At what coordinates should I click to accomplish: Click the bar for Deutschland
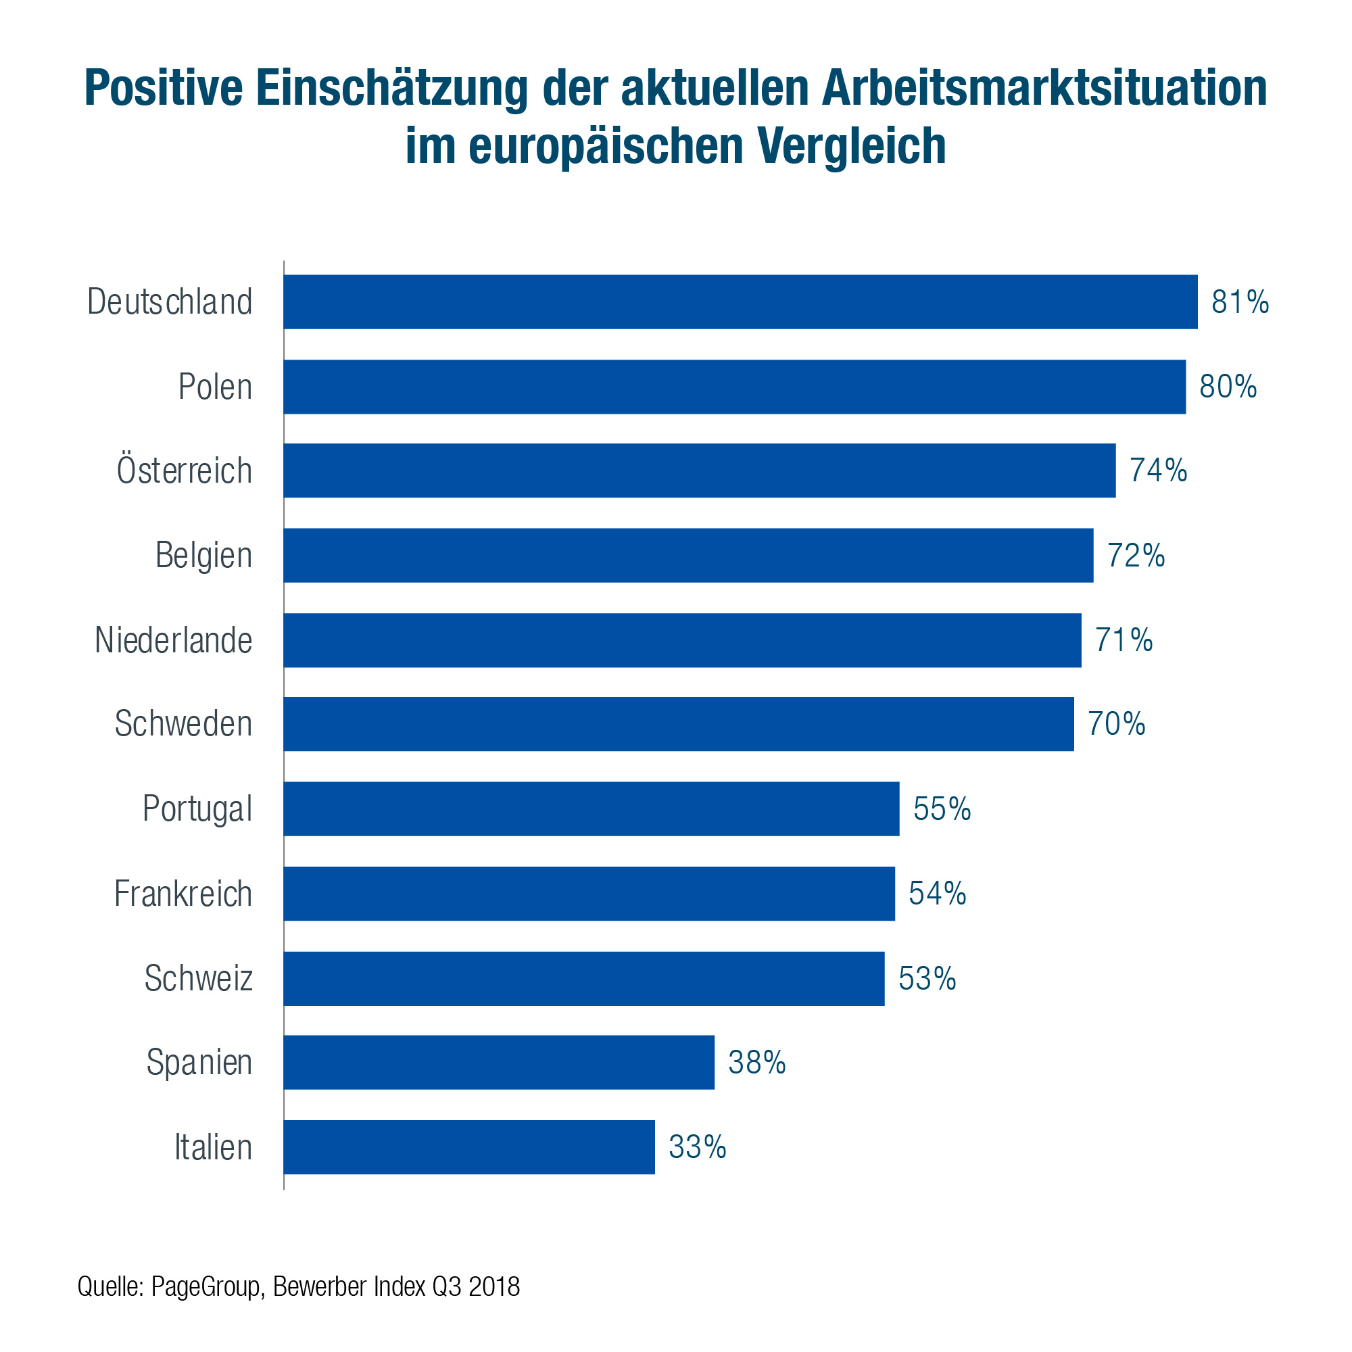coord(740,301)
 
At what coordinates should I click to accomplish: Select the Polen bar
coord(735,387)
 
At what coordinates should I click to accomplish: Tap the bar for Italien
coord(470,1147)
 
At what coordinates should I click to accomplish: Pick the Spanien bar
coord(499,1062)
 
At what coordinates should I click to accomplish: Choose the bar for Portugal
coord(591,809)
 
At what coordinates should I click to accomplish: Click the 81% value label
coord(1240,302)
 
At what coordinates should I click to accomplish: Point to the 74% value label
coord(1158,470)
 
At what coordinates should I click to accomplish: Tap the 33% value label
coord(698,1147)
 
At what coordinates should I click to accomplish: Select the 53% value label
coord(927,979)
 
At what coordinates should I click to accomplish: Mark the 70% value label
coord(1116,724)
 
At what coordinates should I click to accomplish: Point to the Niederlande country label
coord(174,640)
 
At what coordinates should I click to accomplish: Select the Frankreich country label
coord(183,894)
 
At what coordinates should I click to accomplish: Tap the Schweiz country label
coord(199,978)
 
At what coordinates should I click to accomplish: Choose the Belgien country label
coord(203,556)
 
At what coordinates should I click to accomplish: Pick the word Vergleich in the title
coord(852,145)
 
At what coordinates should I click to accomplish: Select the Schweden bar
coord(679,724)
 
